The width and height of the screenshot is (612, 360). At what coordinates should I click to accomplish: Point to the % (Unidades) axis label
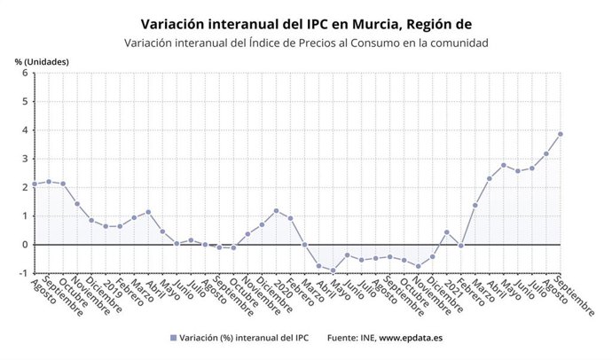42,61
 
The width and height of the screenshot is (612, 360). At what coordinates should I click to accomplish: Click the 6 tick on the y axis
25,73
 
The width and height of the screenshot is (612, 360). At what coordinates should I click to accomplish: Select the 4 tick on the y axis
25,130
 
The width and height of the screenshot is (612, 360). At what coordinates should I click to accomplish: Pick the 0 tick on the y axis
25,245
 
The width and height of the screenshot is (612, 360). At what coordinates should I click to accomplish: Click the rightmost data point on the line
561,134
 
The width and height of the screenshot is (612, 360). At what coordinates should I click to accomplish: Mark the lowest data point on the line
333,270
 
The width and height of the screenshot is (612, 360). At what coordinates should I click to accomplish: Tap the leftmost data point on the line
34,184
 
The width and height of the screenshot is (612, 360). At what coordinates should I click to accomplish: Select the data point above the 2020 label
276,211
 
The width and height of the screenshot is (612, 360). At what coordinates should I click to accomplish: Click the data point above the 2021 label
447,232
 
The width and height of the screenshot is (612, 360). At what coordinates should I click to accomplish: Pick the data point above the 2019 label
106,226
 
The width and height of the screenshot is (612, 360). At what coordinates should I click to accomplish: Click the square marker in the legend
172,338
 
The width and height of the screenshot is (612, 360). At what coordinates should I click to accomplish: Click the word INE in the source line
367,338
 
